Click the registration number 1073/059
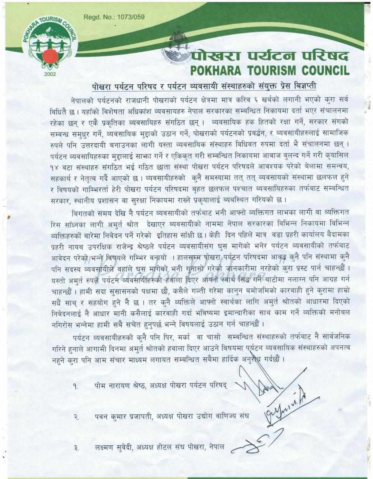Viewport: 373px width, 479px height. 131,17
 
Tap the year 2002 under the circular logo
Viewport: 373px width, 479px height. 49,74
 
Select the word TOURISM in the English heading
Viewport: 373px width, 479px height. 265,70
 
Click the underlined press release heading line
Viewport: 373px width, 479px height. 204,86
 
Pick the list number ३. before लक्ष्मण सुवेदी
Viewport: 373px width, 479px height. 76,448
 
